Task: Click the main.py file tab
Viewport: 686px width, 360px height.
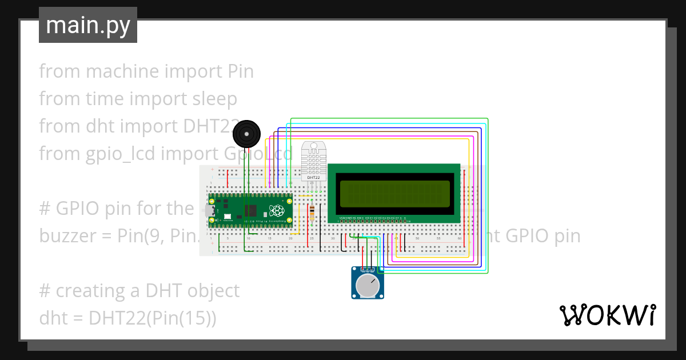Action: pyautogui.click(x=87, y=26)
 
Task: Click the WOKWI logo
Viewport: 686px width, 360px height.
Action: pyautogui.click(x=607, y=315)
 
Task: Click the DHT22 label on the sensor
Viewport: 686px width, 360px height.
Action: pyautogui.click(x=313, y=177)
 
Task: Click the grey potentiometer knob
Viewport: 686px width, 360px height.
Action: pyautogui.click(x=367, y=285)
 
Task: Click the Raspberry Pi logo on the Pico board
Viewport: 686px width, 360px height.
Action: pyautogui.click(x=277, y=210)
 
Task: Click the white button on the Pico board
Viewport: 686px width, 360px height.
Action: pyautogui.click(x=228, y=217)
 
